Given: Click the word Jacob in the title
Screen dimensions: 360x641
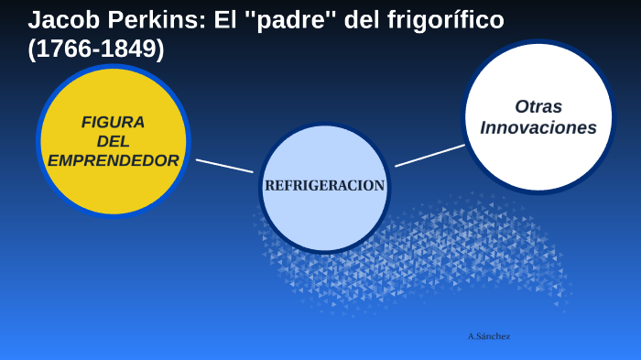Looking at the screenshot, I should [60, 19].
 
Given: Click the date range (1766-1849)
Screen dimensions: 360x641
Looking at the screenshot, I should [96, 49].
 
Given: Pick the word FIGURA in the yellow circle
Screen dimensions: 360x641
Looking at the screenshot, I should [113, 122].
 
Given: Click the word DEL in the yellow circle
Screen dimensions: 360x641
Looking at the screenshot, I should [113, 141].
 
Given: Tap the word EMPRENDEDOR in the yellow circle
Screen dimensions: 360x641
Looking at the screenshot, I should [113, 160].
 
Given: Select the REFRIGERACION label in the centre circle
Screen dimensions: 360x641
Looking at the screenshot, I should [324, 185].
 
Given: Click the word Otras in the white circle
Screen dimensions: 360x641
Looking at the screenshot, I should [538, 106].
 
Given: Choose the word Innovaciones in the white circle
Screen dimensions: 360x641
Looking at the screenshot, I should [538, 128].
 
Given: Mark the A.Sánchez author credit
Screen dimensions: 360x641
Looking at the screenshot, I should [489, 336].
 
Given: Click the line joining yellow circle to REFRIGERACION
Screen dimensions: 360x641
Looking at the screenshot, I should [223, 166].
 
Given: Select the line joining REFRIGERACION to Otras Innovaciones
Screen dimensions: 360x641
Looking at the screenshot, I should [429, 156].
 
